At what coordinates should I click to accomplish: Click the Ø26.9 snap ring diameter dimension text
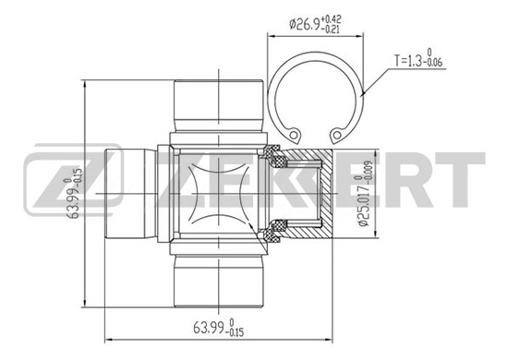[x=315, y=23]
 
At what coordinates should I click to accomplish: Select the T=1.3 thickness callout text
[x=417, y=58]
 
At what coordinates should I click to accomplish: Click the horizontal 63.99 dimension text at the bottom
[x=218, y=328]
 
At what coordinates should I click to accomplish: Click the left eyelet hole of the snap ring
[x=294, y=134]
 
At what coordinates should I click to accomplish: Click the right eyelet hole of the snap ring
[x=337, y=134]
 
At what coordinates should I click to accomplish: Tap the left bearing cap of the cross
[x=130, y=194]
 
